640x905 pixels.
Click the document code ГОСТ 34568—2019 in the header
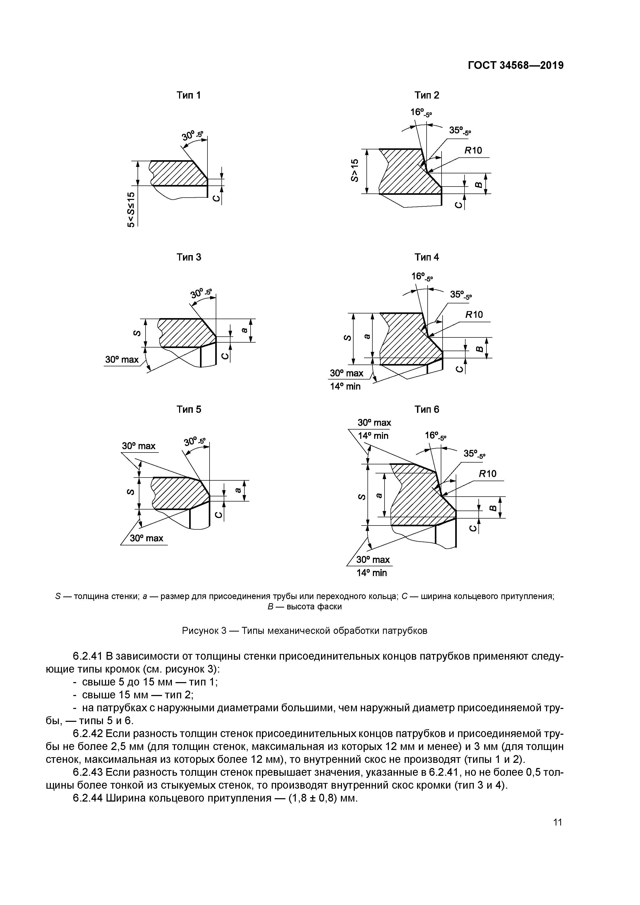[515, 66]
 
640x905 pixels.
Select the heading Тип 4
[427, 257]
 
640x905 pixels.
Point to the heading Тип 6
[427, 409]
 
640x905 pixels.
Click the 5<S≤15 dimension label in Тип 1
[131, 210]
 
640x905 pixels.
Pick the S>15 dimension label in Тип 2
[355, 170]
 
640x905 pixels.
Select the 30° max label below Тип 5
[146, 538]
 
